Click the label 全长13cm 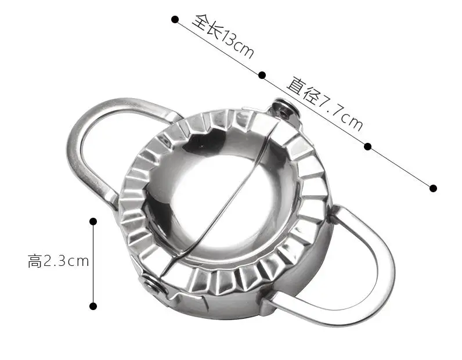[223, 36]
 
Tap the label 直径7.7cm [324, 103]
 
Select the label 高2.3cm [59, 261]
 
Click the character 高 [35, 261]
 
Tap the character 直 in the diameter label [297, 85]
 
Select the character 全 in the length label [201, 21]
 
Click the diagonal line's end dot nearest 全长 [175, 20]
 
